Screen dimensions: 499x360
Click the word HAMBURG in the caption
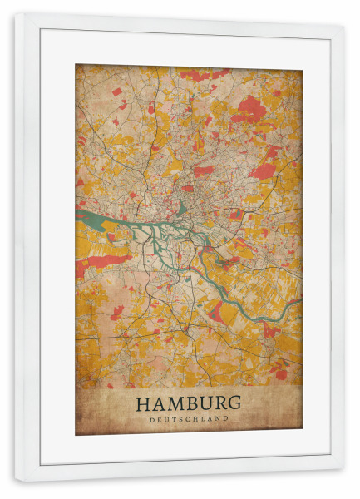pyautogui.click(x=188, y=403)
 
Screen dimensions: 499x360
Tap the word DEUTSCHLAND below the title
pyautogui.click(x=188, y=419)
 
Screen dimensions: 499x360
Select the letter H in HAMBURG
pyautogui.click(x=142, y=403)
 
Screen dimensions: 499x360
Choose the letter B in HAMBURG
pyautogui.click(x=189, y=403)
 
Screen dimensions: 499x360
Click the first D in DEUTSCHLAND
pyautogui.click(x=152, y=419)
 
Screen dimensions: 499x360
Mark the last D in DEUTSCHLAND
pyautogui.click(x=225, y=419)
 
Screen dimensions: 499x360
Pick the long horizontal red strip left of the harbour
pyautogui.click(x=108, y=260)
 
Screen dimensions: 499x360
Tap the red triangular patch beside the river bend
pyautogui.click(x=215, y=311)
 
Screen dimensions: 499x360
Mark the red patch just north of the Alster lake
pyautogui.click(x=203, y=170)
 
